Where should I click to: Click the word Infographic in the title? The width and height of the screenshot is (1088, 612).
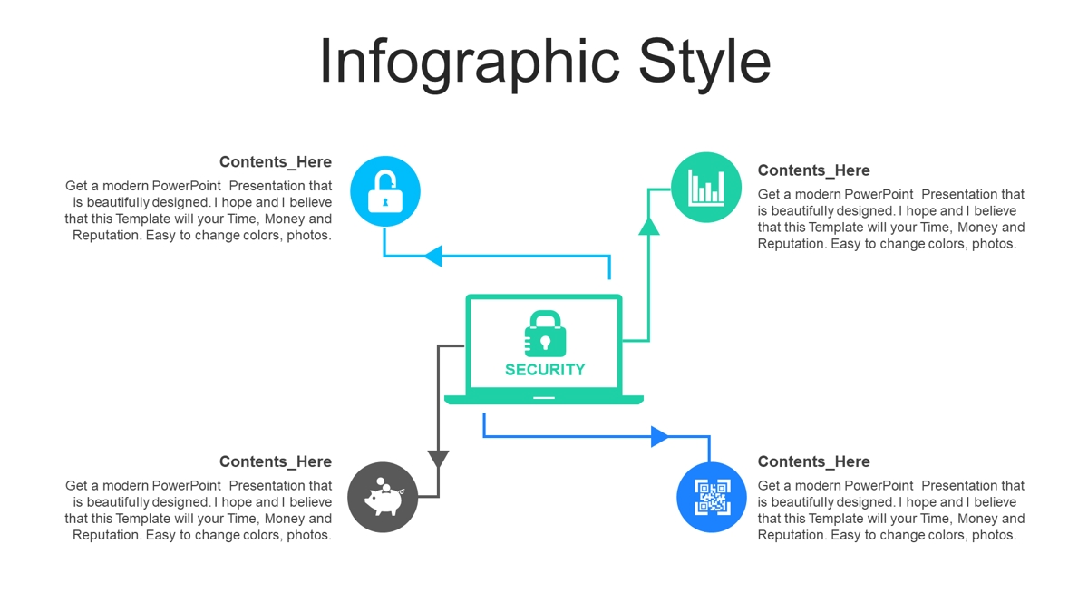pos(470,63)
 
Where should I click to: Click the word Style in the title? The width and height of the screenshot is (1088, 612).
pos(704,63)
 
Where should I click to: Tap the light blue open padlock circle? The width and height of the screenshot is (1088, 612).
pos(385,191)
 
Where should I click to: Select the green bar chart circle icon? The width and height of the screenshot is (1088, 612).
pos(706,188)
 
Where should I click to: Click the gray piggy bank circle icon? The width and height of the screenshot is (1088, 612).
pos(383,497)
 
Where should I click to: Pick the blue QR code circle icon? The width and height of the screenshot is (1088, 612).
pos(712,497)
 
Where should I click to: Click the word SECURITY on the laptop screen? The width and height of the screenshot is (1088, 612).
pos(545,370)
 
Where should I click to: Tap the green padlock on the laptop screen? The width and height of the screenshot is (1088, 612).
pos(545,334)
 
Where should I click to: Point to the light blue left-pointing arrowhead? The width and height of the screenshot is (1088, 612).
pos(433,256)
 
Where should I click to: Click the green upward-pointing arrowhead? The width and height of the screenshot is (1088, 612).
pos(649,228)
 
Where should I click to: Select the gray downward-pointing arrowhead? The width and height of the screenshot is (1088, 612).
pos(438,459)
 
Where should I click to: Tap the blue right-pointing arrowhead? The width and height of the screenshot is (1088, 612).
pos(660,437)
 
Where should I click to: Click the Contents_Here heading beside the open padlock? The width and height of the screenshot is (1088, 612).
pos(276,161)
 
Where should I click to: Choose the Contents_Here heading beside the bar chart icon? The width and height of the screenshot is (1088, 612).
pos(813,170)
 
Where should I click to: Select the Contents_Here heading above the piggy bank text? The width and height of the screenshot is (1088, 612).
pos(276,461)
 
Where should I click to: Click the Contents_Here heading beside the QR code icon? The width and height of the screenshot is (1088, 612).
pos(813,461)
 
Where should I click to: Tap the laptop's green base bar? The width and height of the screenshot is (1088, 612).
pos(544,400)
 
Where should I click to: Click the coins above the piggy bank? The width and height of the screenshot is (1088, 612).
pos(384,484)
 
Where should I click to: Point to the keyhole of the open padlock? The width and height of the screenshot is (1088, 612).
pos(385,202)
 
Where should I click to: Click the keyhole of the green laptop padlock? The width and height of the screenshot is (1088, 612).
pos(546,342)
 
